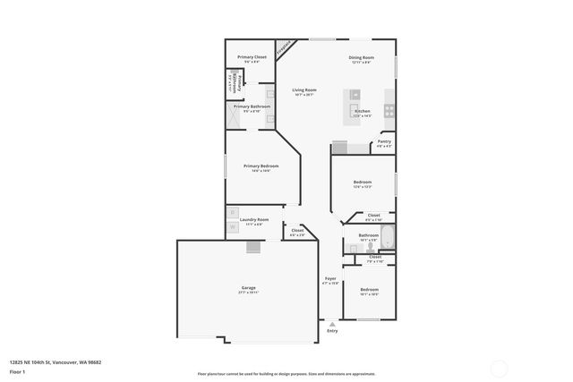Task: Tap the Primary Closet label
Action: (x=252, y=57)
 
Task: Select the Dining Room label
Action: (x=361, y=57)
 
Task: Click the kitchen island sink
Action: (x=355, y=93)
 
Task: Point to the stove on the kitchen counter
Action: (x=390, y=111)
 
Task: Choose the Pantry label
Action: (x=384, y=141)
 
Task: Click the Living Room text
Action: (x=304, y=90)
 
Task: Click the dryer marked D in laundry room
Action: (x=233, y=213)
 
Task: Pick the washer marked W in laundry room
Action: (x=233, y=226)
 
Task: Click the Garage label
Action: (x=248, y=288)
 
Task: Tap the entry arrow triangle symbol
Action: (x=332, y=323)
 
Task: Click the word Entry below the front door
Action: (x=332, y=331)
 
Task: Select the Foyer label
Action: (x=330, y=278)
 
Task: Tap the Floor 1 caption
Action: (x=18, y=371)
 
